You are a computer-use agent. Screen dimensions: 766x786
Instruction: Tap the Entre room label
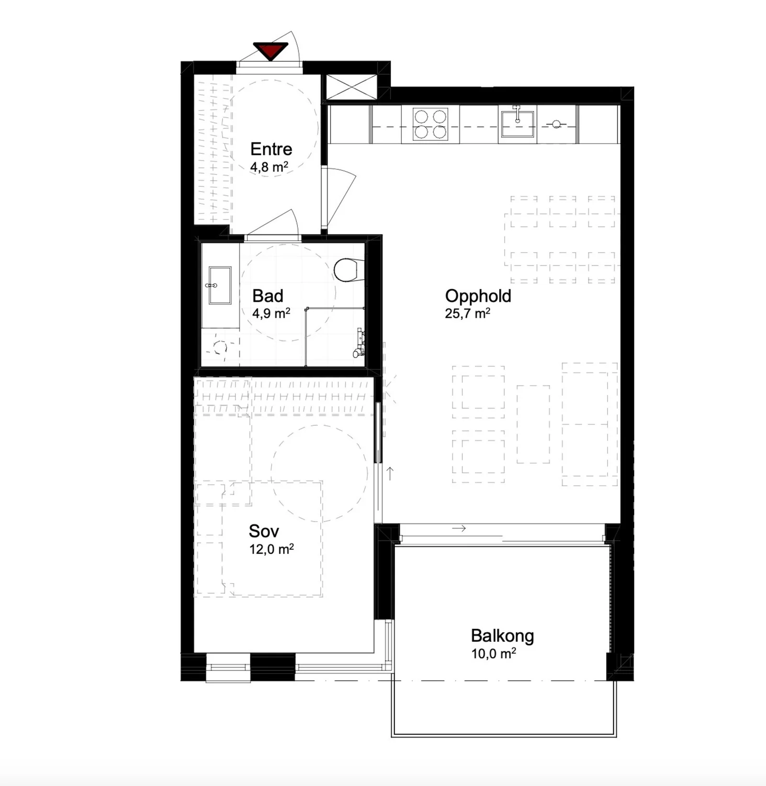271,149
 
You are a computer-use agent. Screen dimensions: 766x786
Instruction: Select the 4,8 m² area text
269,167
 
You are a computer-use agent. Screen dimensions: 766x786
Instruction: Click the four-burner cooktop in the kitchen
430,124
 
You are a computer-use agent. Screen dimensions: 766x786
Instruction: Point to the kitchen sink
517,123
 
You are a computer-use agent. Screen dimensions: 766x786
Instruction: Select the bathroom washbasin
220,285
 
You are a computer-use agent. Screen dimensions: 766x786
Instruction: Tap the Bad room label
268,296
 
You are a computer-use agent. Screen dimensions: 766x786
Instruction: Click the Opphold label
478,296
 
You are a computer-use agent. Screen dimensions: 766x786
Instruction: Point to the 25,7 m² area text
467,314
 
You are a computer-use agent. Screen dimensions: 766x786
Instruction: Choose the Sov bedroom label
263,531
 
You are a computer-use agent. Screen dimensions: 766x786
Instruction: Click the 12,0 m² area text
271,549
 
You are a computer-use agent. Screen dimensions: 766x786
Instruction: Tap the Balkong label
502,636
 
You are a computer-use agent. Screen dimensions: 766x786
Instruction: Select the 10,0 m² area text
494,653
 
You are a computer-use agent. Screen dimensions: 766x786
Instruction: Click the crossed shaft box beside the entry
351,87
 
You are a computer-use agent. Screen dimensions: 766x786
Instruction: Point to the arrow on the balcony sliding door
459,529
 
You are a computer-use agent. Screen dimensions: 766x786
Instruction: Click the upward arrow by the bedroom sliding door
390,473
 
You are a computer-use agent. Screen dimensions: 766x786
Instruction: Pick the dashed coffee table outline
533,424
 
